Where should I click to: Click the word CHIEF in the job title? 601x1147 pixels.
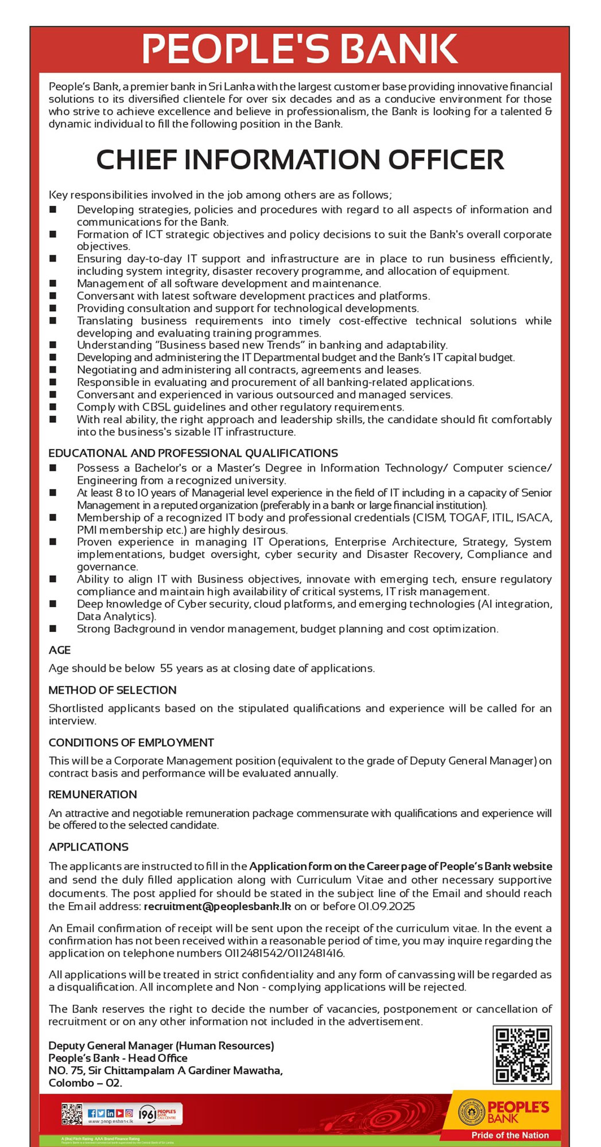coord(136,159)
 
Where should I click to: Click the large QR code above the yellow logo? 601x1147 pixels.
coord(522,1054)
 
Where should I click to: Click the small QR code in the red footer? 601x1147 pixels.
coord(72,1114)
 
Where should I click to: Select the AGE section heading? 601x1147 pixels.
coord(60,650)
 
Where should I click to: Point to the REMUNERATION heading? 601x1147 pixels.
coord(92,794)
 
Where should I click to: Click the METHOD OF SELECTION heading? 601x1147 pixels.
coord(113,690)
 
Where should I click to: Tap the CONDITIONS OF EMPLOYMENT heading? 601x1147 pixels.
coord(131,742)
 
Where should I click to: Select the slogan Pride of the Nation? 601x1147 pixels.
coord(510,1135)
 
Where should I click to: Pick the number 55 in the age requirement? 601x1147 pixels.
coord(166,668)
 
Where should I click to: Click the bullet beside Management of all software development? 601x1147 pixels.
coord(53,283)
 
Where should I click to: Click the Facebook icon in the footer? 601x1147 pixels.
coord(92,1113)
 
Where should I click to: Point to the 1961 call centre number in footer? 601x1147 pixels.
coord(148,1114)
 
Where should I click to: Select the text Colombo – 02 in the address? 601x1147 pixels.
coord(85,1083)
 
